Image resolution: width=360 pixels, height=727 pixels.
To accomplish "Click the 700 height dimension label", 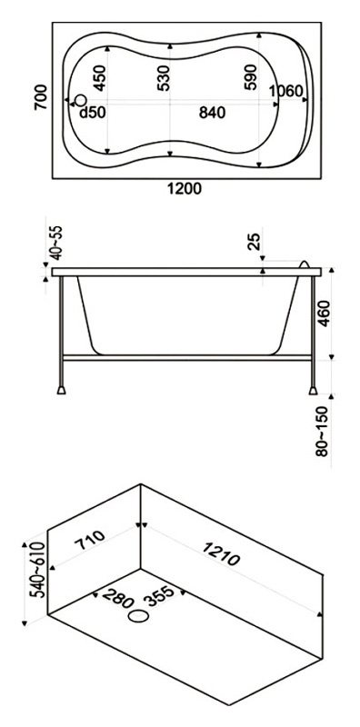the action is pos(41,97).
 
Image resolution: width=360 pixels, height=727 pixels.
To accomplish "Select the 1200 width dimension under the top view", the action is pos(185,189).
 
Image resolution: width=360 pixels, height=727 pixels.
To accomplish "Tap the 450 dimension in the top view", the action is pos(100,77).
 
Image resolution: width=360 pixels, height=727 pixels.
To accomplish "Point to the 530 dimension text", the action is pos(164,77).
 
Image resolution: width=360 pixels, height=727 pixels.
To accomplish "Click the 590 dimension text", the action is pos(250,77).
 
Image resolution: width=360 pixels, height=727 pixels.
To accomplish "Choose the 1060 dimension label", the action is pos(286,92).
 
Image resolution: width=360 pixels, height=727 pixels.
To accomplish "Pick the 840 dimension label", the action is pos(212,112).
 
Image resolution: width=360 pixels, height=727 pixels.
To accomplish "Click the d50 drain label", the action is pos(93,112).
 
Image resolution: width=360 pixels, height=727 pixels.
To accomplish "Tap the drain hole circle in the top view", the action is pos(81,100).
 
